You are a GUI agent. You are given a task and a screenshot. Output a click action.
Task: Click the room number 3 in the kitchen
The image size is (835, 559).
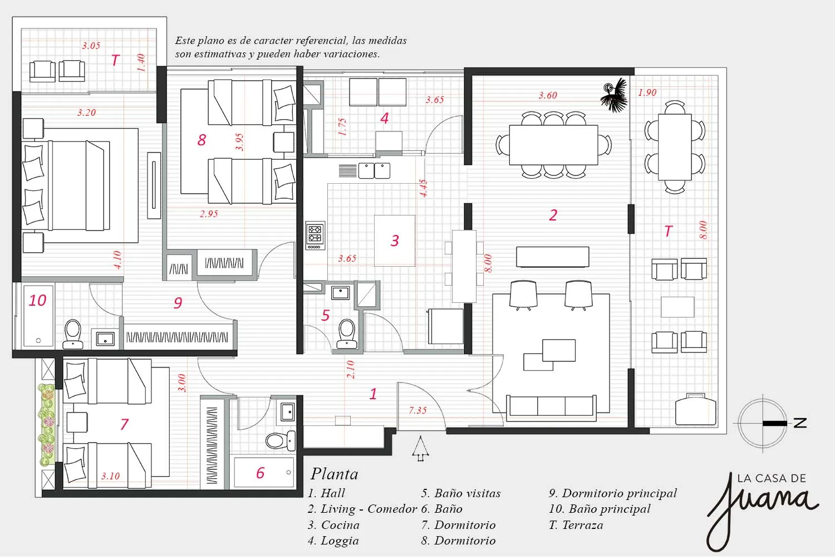(x=395, y=241)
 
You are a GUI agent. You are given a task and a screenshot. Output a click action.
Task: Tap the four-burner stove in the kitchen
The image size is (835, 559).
(x=315, y=236)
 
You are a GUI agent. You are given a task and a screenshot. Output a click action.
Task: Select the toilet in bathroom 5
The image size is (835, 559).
(x=347, y=334)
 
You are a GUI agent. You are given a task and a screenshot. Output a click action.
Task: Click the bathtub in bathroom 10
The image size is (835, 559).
(x=38, y=316)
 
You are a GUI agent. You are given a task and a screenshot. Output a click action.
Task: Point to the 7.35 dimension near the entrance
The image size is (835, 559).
(x=417, y=410)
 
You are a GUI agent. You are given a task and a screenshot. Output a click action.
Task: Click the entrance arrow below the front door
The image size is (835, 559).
(x=420, y=449)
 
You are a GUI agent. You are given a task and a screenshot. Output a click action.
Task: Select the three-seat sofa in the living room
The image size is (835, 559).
(x=551, y=408)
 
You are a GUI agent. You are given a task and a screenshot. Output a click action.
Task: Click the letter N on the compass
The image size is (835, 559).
(x=800, y=423)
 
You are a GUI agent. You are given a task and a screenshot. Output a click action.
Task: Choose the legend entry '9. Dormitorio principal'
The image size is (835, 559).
(x=612, y=493)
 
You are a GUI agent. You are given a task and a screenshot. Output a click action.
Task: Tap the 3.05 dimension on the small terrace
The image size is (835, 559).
(x=91, y=46)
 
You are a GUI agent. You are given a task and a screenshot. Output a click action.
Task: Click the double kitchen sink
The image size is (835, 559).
(x=374, y=171)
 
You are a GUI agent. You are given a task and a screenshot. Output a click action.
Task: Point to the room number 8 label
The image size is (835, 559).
(x=202, y=140)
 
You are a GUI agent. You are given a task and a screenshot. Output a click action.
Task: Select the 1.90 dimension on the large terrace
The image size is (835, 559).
(x=647, y=92)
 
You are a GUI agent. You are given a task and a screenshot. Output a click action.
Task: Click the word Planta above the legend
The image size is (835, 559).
(x=335, y=474)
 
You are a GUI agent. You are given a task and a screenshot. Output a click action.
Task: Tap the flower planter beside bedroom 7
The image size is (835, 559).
(x=47, y=425)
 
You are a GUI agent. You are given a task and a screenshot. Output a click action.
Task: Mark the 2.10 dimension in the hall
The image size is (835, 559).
(x=350, y=370)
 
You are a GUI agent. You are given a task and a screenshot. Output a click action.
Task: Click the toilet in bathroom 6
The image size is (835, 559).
(x=281, y=440)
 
